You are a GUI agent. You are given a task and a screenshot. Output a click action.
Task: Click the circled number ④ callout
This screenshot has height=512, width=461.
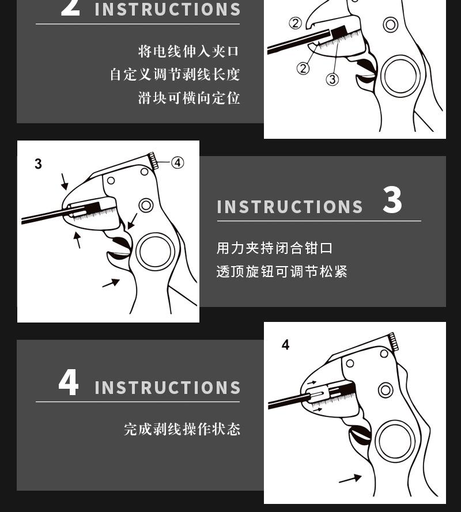point(177,162)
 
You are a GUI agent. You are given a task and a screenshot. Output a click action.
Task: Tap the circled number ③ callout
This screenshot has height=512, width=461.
point(332,79)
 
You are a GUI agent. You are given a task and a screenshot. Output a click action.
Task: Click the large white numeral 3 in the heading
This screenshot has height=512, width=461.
point(392,200)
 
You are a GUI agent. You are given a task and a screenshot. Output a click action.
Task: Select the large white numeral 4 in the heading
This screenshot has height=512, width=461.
point(69,382)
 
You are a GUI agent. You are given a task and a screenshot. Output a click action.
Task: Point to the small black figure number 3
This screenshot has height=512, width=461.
point(38,164)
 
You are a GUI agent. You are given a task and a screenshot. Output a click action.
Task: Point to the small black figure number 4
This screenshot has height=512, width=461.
point(286,345)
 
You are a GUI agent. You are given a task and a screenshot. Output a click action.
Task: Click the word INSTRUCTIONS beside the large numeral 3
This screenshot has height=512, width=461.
point(290,207)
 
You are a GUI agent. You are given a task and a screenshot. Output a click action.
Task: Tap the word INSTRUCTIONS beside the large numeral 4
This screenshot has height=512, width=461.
point(168,388)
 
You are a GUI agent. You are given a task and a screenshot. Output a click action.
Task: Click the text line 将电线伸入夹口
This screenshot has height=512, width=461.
point(188,52)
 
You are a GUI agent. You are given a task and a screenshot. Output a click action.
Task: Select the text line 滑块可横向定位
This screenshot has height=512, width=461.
point(189,98)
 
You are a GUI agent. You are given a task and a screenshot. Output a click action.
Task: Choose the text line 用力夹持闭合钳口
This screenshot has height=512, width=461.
point(274,248)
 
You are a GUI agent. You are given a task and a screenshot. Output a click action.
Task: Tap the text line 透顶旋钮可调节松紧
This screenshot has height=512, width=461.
point(282,271)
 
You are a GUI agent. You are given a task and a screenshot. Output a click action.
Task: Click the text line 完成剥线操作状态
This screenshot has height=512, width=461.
point(182,429)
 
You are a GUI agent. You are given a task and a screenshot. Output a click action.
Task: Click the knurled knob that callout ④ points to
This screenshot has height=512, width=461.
point(153,161)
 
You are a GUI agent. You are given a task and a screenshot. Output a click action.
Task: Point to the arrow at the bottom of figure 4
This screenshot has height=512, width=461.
point(350,479)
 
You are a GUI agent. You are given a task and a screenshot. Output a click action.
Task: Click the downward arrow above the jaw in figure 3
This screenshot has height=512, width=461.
point(65,181)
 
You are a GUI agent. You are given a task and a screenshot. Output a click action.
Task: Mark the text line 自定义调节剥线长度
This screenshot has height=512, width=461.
point(175,75)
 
